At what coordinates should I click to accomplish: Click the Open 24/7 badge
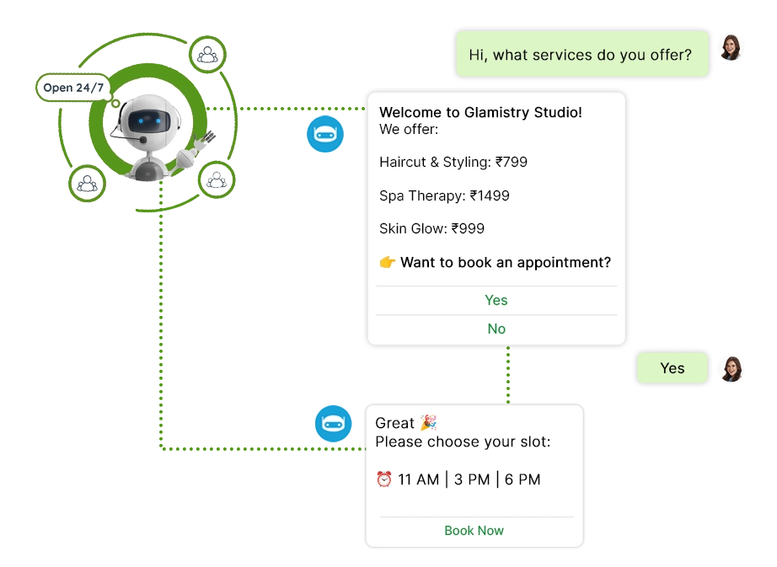74,88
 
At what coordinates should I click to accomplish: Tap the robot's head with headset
142,121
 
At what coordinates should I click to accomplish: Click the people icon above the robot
206,56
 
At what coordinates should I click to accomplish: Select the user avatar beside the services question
731,47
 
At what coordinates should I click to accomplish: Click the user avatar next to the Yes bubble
731,369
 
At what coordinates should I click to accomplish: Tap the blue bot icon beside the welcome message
324,135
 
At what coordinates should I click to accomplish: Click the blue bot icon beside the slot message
334,423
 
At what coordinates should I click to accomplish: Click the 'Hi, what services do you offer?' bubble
581,55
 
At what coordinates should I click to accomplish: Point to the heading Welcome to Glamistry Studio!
480,112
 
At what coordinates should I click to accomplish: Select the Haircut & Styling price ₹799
511,162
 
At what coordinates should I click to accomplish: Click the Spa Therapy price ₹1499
490,195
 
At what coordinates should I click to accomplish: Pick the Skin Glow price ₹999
468,228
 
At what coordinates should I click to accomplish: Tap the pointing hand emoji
387,263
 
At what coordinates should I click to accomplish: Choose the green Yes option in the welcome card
496,300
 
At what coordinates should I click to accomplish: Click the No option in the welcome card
496,329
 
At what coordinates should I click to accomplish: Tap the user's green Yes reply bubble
672,368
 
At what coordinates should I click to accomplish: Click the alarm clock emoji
384,479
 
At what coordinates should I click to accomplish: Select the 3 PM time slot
472,479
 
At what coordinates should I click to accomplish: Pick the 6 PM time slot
522,479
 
